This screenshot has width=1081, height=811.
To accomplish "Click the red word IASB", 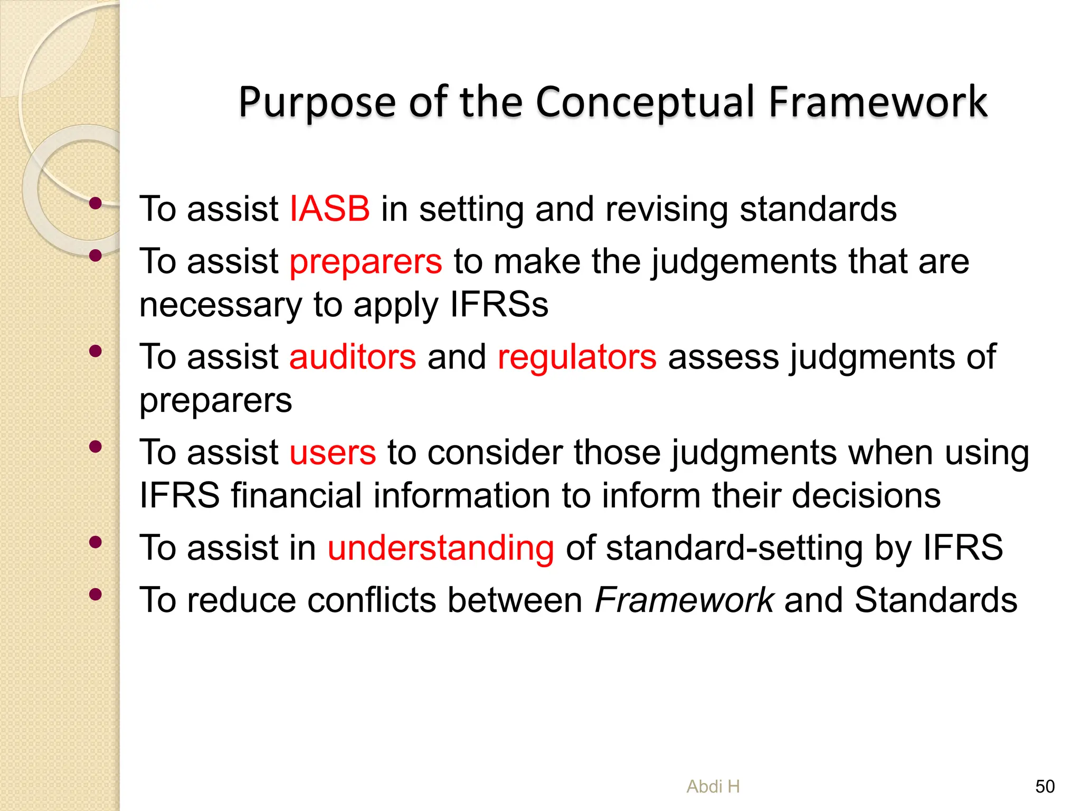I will (330, 209).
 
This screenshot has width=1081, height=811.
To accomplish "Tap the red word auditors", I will (353, 357).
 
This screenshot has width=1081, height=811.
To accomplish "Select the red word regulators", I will (577, 357).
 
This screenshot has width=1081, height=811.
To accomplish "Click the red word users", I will (333, 453).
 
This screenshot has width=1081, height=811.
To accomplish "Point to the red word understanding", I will (441, 548).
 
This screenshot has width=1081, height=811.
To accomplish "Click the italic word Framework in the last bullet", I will (684, 600).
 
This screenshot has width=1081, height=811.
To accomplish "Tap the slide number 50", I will (1045, 787).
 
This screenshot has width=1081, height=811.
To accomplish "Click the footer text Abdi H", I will (713, 787).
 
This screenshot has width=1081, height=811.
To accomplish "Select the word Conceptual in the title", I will (646, 101).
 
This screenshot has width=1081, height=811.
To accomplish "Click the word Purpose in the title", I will (317, 101).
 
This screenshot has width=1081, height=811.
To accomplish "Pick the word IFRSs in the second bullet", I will (499, 305).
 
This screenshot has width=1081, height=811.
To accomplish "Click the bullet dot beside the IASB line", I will (96, 203).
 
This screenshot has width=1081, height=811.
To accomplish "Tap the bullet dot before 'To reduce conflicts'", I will (96, 595).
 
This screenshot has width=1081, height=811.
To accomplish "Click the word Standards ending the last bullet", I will (935, 600).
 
